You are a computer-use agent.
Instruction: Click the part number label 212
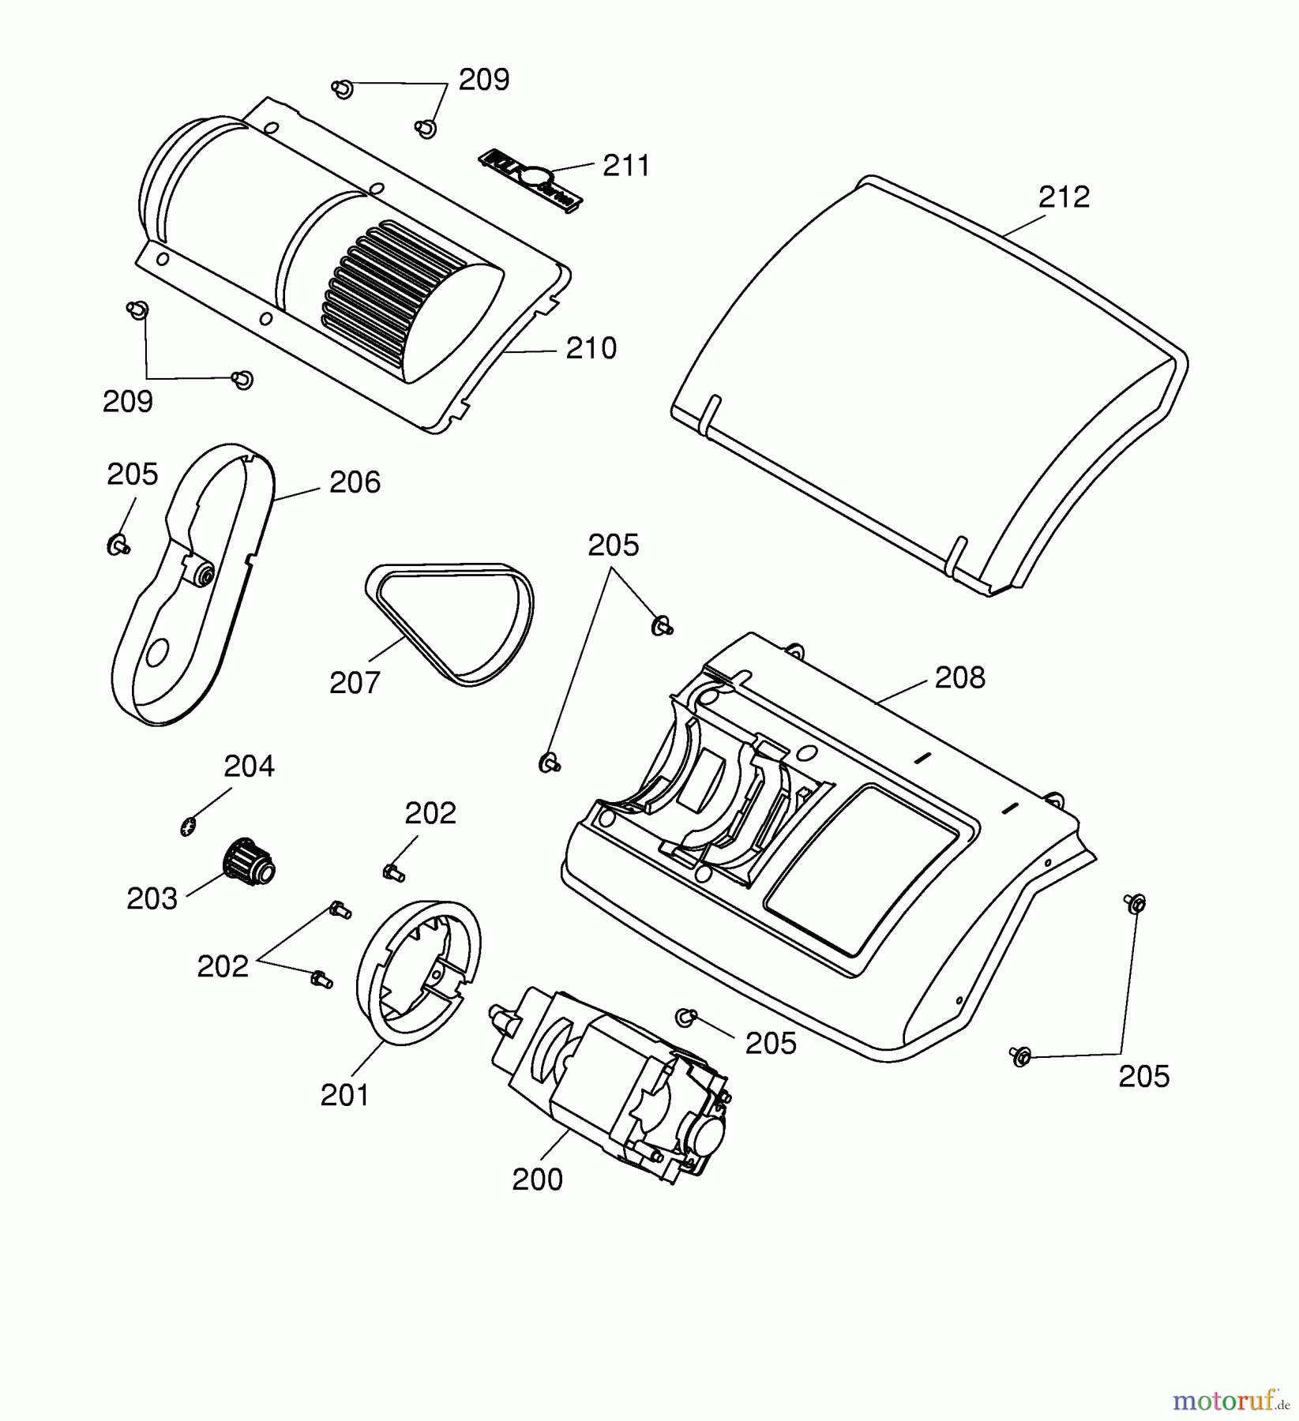(x=1064, y=197)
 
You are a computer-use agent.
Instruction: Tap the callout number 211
(x=626, y=167)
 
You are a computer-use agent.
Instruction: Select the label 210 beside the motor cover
(x=591, y=348)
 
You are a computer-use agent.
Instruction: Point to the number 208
(x=959, y=677)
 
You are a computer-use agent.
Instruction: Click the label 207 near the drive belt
(x=355, y=682)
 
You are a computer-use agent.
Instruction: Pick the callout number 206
(x=355, y=482)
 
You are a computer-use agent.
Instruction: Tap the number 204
(x=249, y=766)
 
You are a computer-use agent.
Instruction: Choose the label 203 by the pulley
(x=152, y=898)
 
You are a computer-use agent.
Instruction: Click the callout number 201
(x=345, y=1095)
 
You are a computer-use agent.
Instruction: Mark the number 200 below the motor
(x=537, y=1179)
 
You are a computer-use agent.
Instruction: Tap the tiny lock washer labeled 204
(x=187, y=827)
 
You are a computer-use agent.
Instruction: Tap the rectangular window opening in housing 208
(x=865, y=868)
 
